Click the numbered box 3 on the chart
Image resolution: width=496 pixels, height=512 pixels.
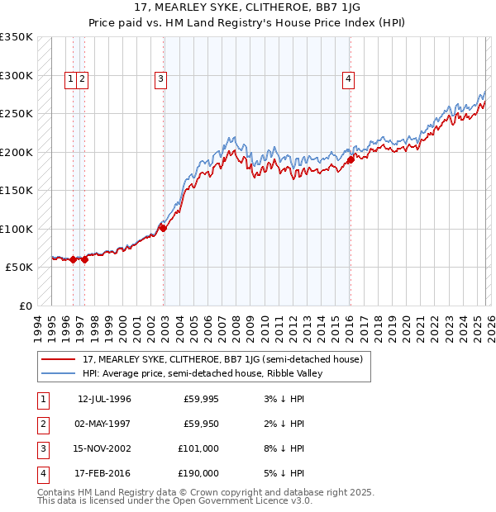tap(160, 79)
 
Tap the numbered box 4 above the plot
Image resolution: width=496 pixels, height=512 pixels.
tap(349, 79)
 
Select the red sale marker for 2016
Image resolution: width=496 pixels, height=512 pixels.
tap(350, 159)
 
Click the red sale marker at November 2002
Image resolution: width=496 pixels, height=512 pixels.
tap(163, 228)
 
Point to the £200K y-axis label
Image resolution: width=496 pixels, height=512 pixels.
tap(17, 152)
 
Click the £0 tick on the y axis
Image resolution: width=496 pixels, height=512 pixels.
tap(25, 306)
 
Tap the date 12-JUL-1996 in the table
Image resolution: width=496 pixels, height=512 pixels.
tap(104, 399)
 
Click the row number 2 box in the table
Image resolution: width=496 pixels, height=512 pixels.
tap(42, 424)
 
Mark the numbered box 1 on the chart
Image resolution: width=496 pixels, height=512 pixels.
tap(71, 79)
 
